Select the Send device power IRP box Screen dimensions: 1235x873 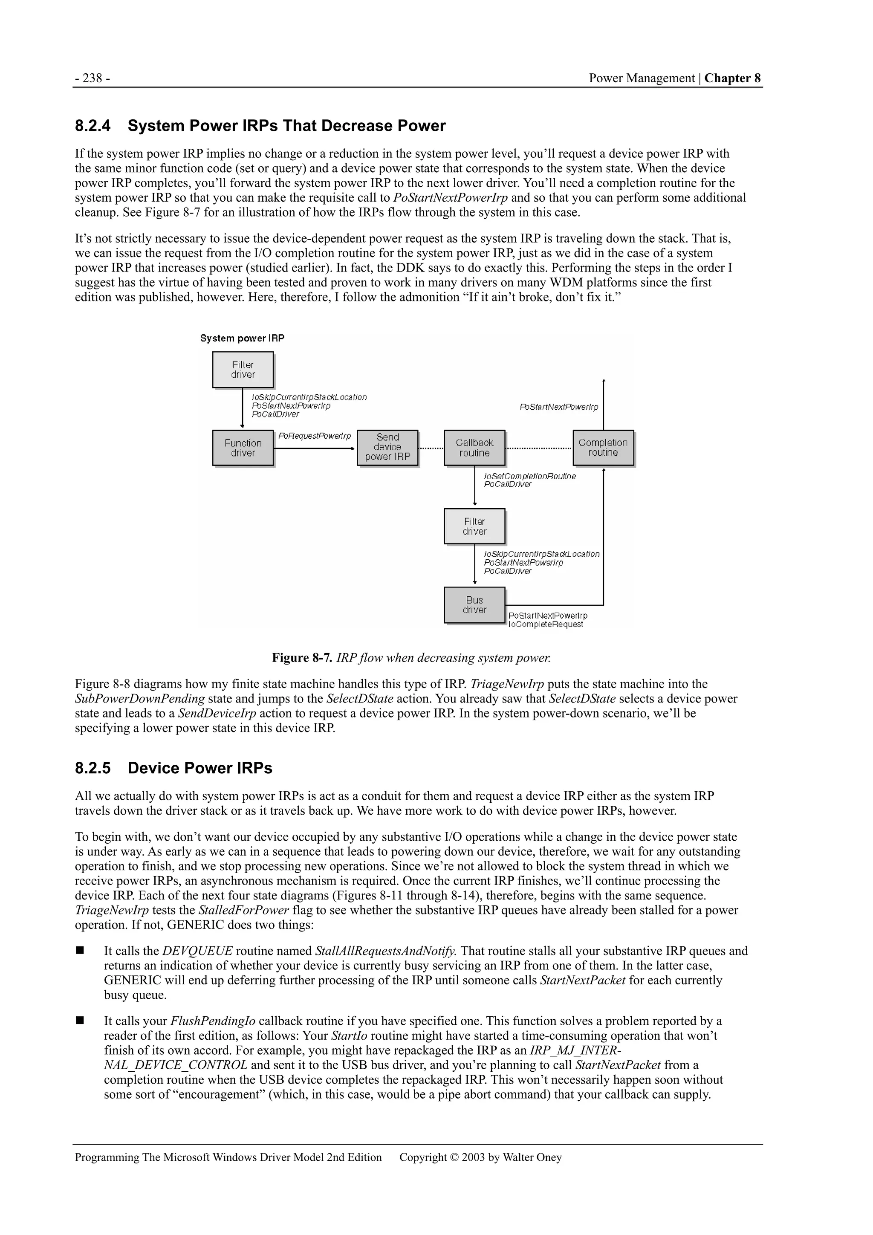click(x=387, y=448)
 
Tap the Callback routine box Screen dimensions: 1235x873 click(x=474, y=448)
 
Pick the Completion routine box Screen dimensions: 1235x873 click(x=603, y=448)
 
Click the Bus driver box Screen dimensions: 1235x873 click(x=474, y=604)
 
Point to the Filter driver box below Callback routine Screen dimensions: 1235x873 click(x=474, y=526)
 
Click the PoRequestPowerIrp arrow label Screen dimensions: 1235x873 click(x=315, y=436)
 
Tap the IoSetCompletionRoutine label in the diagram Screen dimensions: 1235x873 click(x=530, y=476)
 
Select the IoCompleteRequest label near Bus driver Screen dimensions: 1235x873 click(x=546, y=624)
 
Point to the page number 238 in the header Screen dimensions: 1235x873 click(x=93, y=78)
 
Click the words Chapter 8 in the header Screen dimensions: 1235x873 click(x=733, y=78)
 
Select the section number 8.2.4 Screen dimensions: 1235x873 click(x=93, y=126)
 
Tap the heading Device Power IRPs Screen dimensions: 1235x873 click(x=199, y=768)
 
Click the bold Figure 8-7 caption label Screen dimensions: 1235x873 click(x=302, y=657)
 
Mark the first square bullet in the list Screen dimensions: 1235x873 click(x=80, y=951)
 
